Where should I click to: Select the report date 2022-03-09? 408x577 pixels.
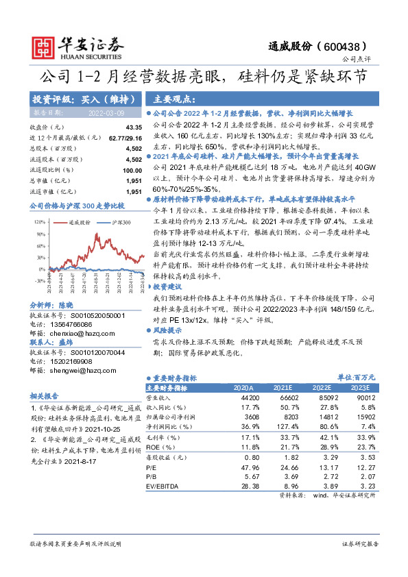(x=106, y=112)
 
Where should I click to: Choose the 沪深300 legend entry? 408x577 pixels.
(x=121, y=223)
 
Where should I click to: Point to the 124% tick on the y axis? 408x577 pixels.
(x=38, y=223)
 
